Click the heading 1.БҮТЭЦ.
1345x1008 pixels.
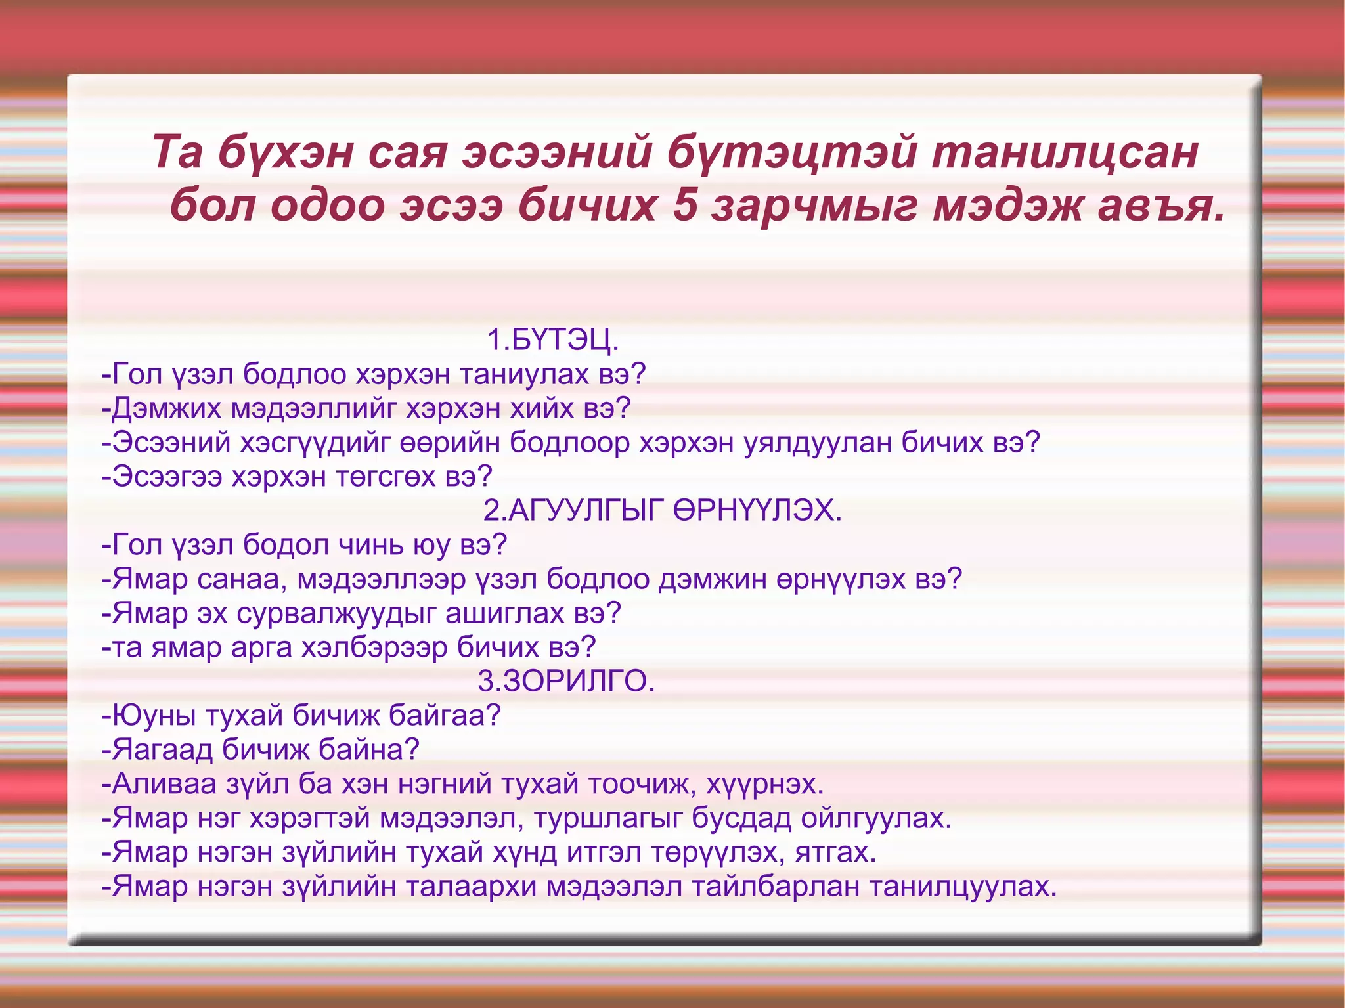point(552,340)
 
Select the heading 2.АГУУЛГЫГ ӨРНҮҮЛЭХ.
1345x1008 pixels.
point(662,510)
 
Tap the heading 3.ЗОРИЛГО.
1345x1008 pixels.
point(566,681)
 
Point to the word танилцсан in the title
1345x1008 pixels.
point(1064,152)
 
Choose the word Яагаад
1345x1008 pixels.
point(162,749)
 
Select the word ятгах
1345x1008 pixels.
point(835,852)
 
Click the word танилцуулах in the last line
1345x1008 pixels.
point(963,887)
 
